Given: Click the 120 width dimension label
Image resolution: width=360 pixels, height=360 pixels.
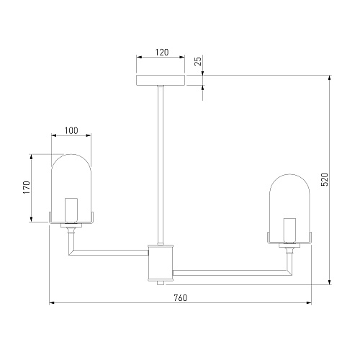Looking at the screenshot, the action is point(162,52).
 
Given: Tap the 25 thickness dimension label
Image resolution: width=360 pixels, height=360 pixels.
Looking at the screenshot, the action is point(198,60).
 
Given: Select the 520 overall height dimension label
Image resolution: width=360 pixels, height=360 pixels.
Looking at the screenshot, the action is point(324,179).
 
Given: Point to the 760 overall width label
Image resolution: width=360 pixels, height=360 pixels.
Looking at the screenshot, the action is point(180,298).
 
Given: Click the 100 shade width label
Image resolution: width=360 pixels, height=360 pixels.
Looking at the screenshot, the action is point(71,130).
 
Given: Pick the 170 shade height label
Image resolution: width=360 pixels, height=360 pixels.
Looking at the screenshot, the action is point(26,188).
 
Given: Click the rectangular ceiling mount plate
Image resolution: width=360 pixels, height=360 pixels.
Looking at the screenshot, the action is point(161,80).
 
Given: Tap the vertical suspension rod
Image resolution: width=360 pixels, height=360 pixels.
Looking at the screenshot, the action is point(161,165).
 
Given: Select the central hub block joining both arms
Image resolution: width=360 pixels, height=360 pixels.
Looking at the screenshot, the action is point(161,263).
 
